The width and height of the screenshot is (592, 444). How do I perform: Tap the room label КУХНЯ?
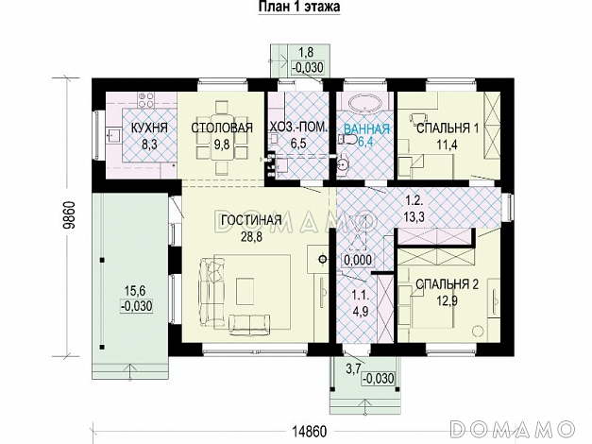tap(149, 128)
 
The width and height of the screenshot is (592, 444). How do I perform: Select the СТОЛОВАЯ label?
tap(222, 128)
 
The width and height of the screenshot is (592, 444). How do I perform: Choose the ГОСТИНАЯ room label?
tap(251, 222)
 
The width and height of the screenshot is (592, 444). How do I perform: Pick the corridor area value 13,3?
tap(414, 216)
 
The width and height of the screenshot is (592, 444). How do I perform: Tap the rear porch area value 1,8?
tap(306, 53)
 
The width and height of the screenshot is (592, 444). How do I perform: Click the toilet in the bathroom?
tap(348, 141)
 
